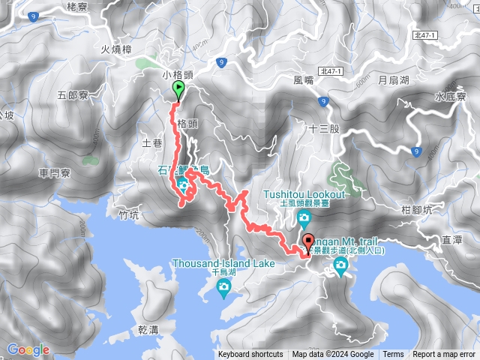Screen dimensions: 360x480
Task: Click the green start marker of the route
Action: coord(178,91)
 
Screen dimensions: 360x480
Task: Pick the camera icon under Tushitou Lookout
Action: coord(304,218)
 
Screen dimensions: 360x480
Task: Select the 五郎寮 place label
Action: coord(73,95)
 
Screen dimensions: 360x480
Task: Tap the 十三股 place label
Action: coord(325,128)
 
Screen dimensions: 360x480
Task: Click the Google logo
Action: coord(28,349)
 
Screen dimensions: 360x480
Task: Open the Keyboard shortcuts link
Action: coord(250,355)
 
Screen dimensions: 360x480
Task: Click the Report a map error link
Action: coord(444,355)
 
